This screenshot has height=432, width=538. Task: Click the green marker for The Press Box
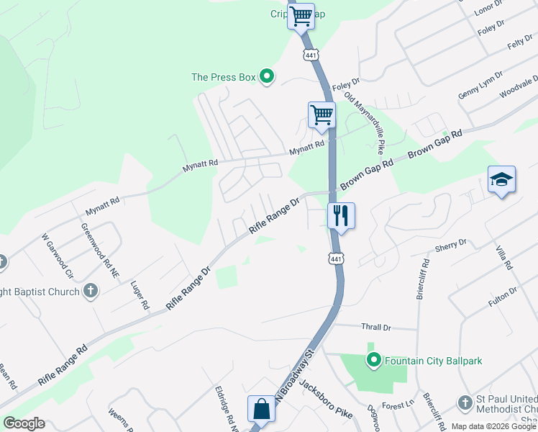[x=267, y=76]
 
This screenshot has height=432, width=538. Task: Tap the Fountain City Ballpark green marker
[x=373, y=359]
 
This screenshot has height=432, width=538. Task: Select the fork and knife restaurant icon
[x=340, y=215]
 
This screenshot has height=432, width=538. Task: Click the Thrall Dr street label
[x=376, y=327]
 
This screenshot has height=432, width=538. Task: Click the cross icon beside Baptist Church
[x=90, y=290]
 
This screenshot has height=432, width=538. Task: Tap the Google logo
[x=24, y=423]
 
